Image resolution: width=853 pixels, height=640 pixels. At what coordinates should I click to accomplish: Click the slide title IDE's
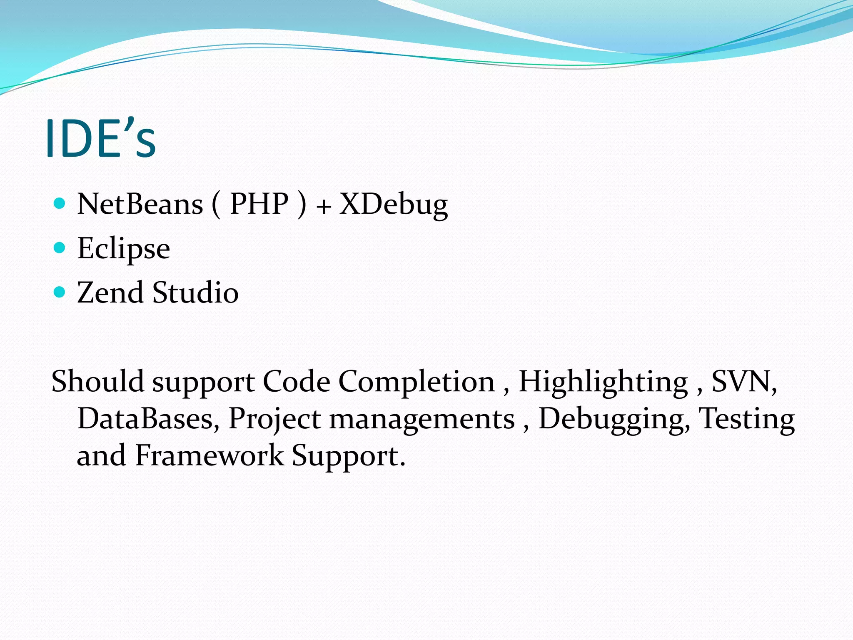click(x=100, y=138)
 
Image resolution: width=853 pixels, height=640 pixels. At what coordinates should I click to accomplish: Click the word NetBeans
click(x=140, y=205)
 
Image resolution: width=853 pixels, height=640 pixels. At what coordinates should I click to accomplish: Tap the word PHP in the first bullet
click(x=259, y=205)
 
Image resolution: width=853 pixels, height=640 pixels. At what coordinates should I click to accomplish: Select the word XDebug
click(x=393, y=205)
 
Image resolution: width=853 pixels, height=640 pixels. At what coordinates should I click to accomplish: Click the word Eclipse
click(x=124, y=249)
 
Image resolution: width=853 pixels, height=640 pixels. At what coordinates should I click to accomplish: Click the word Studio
click(x=195, y=292)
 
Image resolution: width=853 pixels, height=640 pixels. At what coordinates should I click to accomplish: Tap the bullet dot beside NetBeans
click(x=60, y=203)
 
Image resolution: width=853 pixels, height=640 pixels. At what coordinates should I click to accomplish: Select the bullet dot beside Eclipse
click(x=60, y=248)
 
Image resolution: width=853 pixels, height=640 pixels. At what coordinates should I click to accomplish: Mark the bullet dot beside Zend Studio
click(x=60, y=292)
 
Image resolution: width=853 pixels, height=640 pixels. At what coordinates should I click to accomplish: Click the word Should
click(x=97, y=382)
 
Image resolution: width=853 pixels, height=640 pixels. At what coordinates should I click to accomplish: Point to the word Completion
click(x=416, y=382)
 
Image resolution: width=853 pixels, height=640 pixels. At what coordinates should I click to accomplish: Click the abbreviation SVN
click(x=743, y=382)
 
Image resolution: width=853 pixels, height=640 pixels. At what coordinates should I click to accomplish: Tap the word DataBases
click(x=148, y=419)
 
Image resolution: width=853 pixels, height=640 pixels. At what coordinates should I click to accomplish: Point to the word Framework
click(x=210, y=455)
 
